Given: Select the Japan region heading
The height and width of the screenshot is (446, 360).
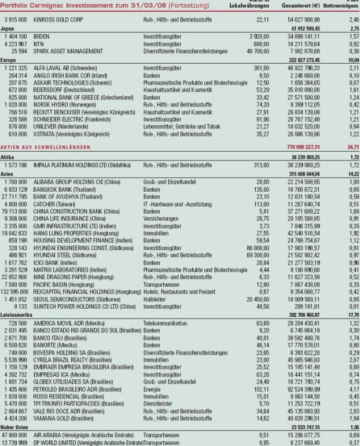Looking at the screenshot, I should [8, 27].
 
